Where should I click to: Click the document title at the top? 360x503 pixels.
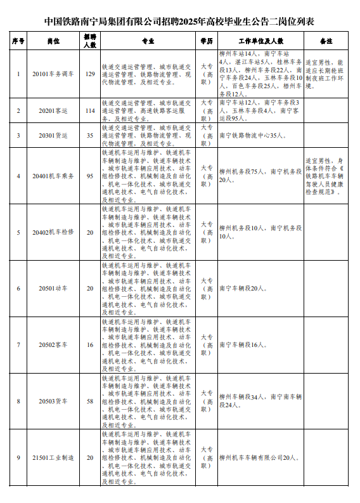pos(180,21)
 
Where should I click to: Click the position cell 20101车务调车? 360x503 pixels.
pos(58,74)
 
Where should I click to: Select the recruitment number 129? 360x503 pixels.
pos(89,74)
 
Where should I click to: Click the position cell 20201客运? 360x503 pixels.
pos(58,110)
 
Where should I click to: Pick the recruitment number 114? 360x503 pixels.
pos(89,110)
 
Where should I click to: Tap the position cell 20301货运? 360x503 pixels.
pos(58,135)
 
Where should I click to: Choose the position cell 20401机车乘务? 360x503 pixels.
pos(58,176)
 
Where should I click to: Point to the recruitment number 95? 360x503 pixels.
pos(89,176)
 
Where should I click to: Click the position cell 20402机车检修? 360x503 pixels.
pos(58,232)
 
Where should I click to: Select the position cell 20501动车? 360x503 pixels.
pos(58,289)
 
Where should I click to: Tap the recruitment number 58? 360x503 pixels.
pos(89,402)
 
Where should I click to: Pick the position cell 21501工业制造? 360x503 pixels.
pos(58,457)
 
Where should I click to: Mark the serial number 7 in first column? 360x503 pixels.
pos(18,345)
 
